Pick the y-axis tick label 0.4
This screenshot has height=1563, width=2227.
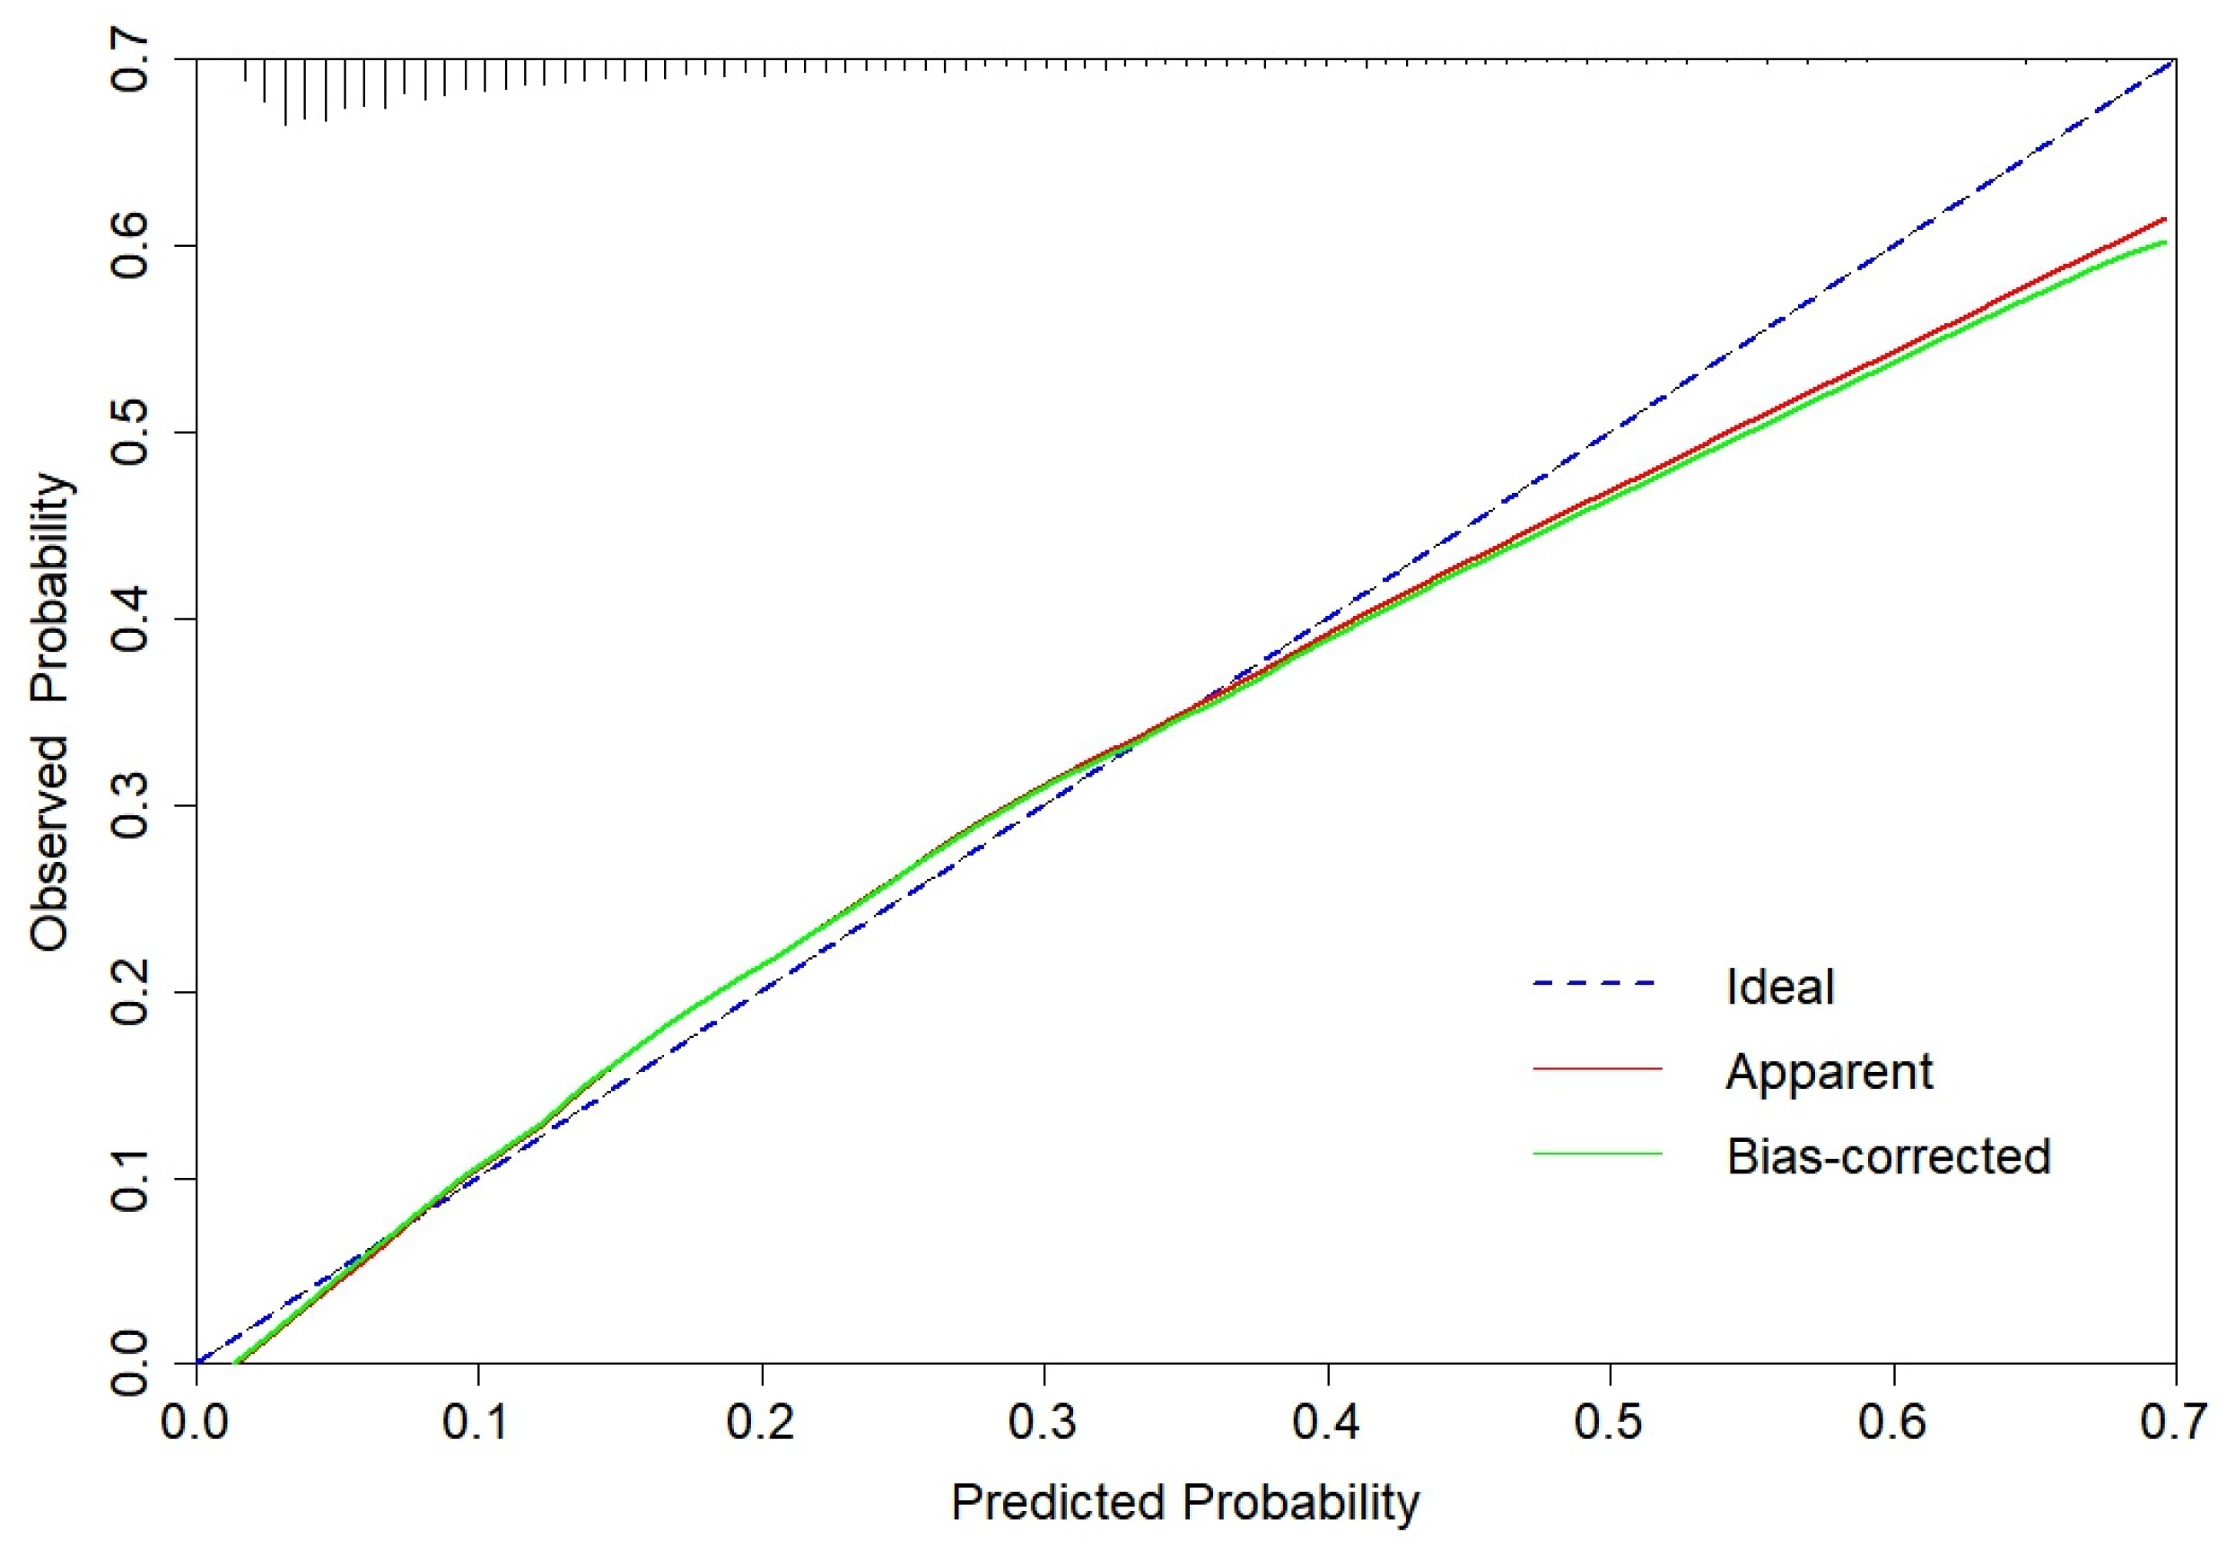[x=130, y=619]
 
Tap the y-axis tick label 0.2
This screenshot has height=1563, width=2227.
[x=130, y=991]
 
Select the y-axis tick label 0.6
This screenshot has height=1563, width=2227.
[x=130, y=245]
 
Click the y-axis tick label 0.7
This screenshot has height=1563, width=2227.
[x=130, y=60]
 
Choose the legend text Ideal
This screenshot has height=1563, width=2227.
[x=1780, y=988]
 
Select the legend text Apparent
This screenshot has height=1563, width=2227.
[x=1829, y=1072]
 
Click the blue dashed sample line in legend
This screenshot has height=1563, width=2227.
[x=1596, y=985]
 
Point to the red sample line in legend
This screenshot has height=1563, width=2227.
[x=1596, y=1069]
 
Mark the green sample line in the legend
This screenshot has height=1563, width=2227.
[x=1596, y=1154]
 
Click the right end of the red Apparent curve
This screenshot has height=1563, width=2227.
[x=2163, y=219]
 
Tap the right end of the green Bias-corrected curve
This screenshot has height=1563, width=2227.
[x=2163, y=242]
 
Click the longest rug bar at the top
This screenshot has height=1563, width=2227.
[x=285, y=92]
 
